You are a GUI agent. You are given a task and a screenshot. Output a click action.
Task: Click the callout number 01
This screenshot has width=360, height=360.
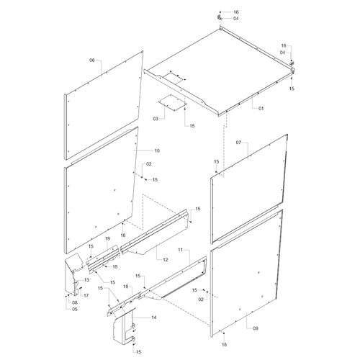click(261, 108)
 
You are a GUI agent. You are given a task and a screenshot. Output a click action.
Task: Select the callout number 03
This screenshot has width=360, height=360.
click(156, 119)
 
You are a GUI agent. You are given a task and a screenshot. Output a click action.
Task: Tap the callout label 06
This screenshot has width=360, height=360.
click(92, 60)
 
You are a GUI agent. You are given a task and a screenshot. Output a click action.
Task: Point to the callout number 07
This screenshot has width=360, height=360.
click(238, 143)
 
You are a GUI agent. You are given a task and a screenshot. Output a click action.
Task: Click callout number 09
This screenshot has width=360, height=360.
click(256, 328)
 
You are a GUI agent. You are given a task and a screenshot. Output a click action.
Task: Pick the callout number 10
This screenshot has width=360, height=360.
click(157, 150)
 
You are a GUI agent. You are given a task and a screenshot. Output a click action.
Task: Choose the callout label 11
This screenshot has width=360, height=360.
click(180, 250)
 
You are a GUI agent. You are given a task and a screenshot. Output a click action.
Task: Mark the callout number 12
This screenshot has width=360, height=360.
click(166, 260)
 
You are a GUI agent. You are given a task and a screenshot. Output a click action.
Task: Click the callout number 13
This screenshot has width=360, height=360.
click(86, 280)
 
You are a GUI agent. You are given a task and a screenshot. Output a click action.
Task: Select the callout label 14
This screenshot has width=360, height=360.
click(154, 318)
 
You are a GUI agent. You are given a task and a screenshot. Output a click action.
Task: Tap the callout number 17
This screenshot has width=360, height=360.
click(86, 295)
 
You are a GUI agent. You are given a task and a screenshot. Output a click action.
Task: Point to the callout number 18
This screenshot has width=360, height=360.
click(126, 287)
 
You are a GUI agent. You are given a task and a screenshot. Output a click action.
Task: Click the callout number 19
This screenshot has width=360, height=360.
click(107, 238)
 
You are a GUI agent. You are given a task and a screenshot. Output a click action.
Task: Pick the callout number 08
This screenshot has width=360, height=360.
click(75, 302)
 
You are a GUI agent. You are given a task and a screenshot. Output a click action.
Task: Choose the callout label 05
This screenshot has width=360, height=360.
click(75, 309)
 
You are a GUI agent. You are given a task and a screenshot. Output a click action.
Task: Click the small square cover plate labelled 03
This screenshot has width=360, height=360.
click(173, 102)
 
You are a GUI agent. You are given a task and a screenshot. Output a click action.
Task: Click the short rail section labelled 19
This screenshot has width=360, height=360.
click(103, 260)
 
